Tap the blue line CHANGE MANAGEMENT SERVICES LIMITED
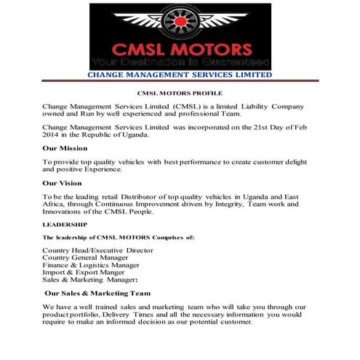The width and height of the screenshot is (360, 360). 180,75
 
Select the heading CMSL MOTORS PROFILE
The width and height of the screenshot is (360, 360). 180,94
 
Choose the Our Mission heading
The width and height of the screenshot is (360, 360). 65,148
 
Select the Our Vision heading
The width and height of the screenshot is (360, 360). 62,183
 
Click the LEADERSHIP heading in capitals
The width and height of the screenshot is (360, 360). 65,225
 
